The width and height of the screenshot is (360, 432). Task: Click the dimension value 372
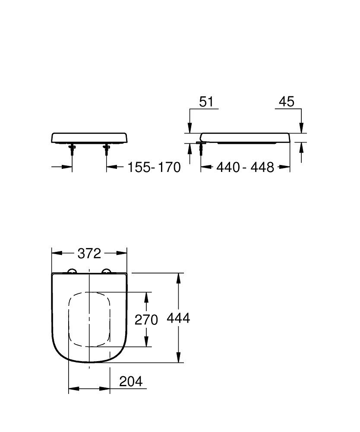click(x=89, y=254)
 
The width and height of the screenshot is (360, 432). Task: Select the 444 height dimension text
click(x=178, y=318)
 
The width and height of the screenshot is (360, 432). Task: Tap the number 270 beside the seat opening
click(x=146, y=320)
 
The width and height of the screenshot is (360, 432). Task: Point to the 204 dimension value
click(x=130, y=381)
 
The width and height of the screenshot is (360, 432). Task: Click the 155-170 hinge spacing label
click(x=154, y=167)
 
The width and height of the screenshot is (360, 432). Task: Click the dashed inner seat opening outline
click(x=69, y=320)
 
